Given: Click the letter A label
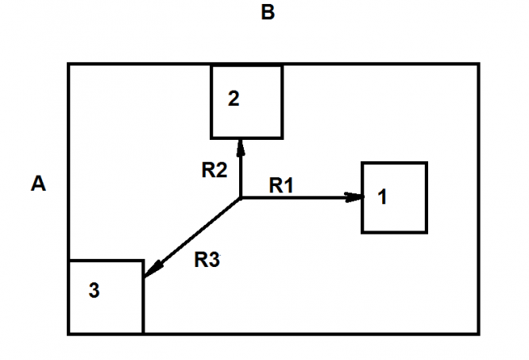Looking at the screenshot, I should click(x=38, y=184).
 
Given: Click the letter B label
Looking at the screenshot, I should click(x=268, y=14).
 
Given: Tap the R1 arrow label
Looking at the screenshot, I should click(x=281, y=186).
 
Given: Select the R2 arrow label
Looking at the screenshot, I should click(x=214, y=168).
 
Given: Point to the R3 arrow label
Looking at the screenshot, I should click(x=207, y=260).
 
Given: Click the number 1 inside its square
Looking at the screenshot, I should click(x=383, y=198).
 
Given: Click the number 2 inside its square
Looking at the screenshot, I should click(x=233, y=99).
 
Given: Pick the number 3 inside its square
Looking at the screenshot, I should click(x=94, y=292).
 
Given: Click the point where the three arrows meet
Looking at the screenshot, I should click(x=241, y=198).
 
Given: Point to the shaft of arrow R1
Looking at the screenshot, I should click(x=294, y=198).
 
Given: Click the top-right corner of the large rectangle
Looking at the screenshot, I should click(x=478, y=64).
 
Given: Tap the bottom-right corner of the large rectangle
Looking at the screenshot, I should click(x=478, y=334).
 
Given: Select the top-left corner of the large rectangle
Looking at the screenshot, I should click(x=68, y=64).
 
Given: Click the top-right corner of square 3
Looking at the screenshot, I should click(x=143, y=261).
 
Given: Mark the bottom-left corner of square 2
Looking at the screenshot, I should click(x=211, y=137).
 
